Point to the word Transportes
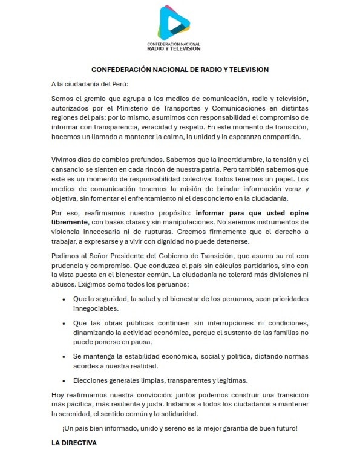click(182, 110)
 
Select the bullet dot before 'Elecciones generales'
click(65, 380)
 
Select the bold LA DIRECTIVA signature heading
click(74, 443)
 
